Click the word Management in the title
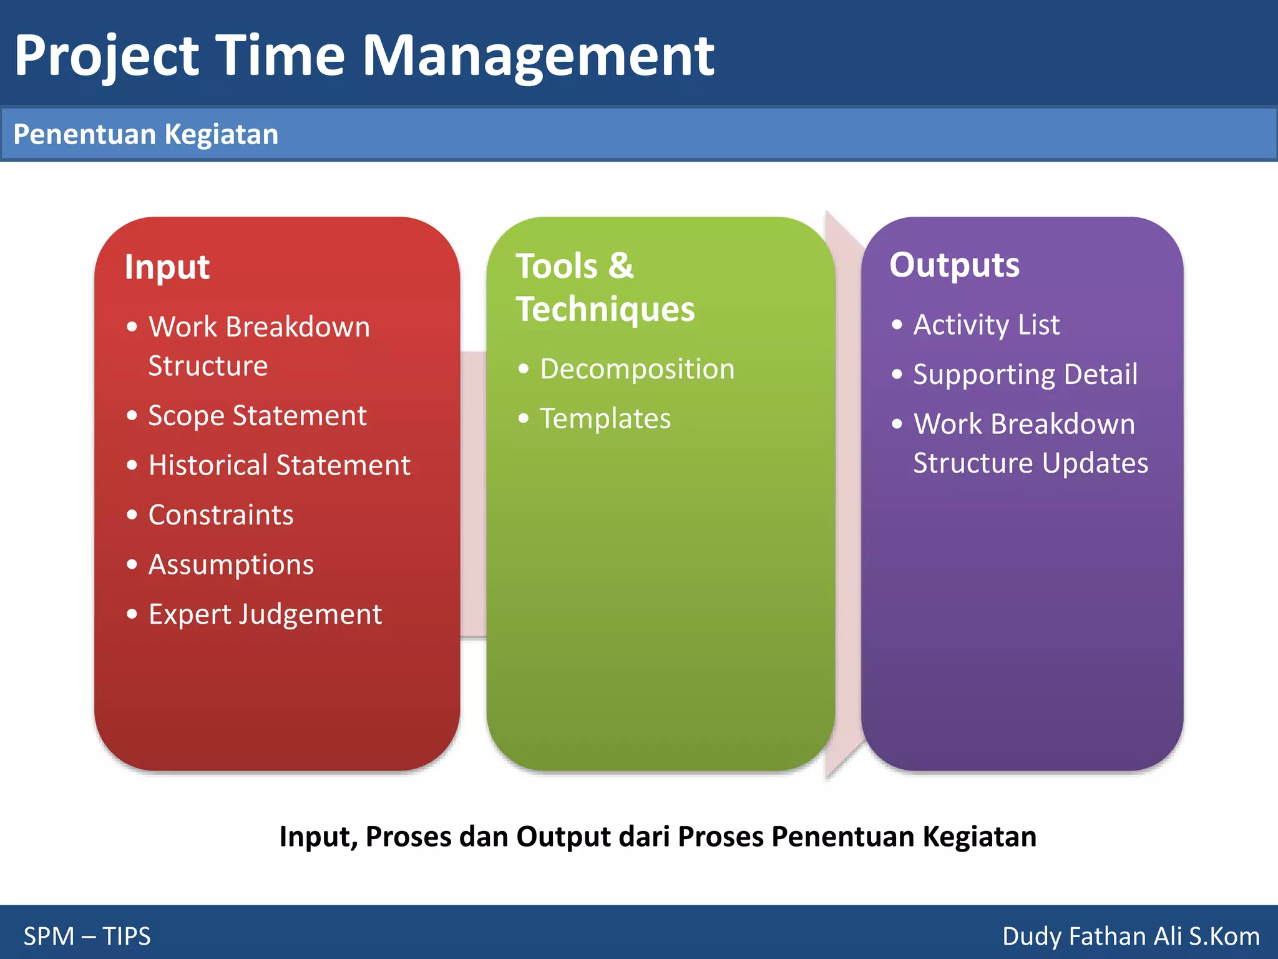(x=538, y=56)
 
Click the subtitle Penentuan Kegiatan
(x=145, y=135)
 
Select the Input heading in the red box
(x=167, y=267)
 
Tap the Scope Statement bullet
(x=257, y=416)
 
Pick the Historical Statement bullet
(x=279, y=465)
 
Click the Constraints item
(x=221, y=515)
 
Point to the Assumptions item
(x=231, y=564)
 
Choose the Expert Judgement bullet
(x=265, y=614)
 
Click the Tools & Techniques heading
(x=604, y=287)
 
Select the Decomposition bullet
(x=637, y=369)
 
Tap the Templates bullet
(x=605, y=418)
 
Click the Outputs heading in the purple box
(x=954, y=265)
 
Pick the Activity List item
(x=986, y=325)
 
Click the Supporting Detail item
(x=1025, y=375)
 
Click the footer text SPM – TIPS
(x=87, y=936)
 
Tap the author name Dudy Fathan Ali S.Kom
(x=1130, y=936)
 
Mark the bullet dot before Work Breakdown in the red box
(x=132, y=327)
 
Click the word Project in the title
(x=106, y=56)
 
